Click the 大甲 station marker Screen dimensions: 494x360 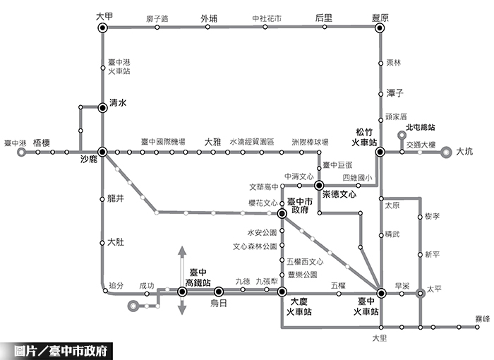[102, 28]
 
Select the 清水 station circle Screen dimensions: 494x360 [102, 104]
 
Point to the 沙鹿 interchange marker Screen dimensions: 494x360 [102, 152]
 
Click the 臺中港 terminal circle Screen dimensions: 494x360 [21, 152]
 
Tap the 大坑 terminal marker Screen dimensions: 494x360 [446, 152]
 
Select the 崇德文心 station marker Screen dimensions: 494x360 [318, 185]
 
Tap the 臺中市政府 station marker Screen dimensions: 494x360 [282, 212]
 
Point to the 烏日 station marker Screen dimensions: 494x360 [218, 291]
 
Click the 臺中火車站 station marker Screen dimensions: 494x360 [380, 292]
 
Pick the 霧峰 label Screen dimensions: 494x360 [483, 320]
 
